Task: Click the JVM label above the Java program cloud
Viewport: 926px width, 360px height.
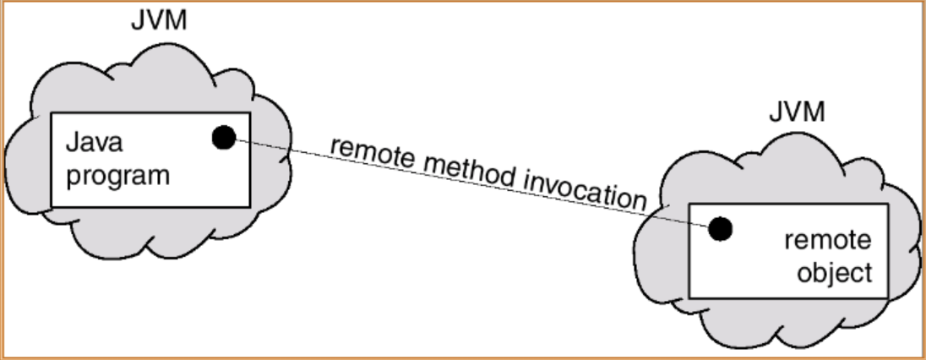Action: tap(158, 21)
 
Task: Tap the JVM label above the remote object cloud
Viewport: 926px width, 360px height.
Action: tap(797, 112)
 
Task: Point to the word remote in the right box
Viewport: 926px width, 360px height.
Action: tap(827, 240)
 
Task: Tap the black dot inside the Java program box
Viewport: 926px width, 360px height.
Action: tap(223, 137)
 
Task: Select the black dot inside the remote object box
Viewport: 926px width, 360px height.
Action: tap(720, 227)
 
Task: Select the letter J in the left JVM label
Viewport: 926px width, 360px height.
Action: tap(138, 21)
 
